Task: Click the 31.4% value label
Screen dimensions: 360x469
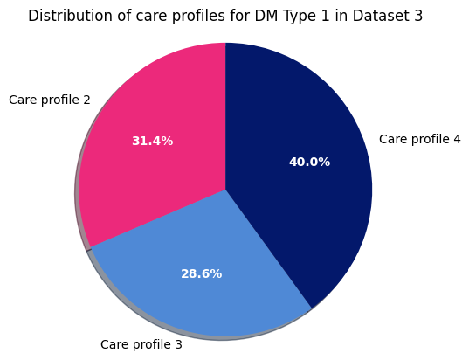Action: [x=152, y=141]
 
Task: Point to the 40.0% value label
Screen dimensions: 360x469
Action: [x=309, y=162]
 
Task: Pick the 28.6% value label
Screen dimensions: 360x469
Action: [x=201, y=273]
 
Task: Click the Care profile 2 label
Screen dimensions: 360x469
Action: [x=49, y=100]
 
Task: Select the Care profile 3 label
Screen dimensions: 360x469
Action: [x=141, y=344]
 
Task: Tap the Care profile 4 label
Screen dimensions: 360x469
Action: [x=419, y=139]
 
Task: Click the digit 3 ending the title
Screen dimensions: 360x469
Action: [x=418, y=16]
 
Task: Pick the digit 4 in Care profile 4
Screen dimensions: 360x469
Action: [x=457, y=139]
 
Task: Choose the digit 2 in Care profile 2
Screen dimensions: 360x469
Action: [x=86, y=100]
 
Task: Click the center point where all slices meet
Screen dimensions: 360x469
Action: [x=225, y=190]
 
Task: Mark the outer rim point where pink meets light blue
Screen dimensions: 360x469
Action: [x=90, y=248]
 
